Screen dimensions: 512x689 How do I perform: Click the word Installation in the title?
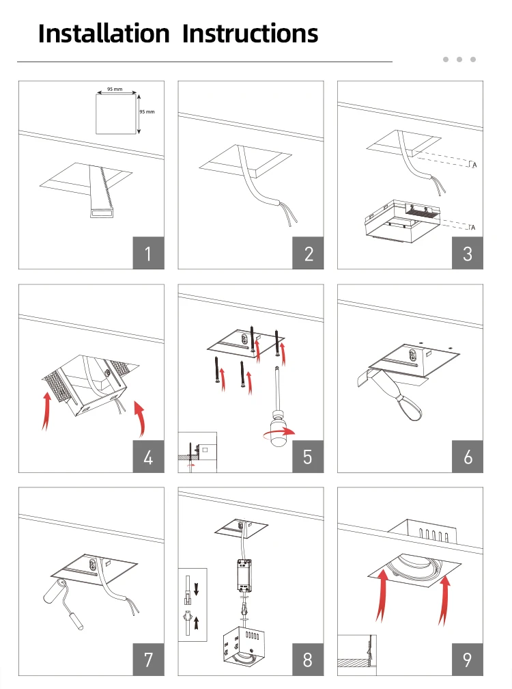click(103, 33)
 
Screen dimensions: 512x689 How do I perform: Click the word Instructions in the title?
click(251, 33)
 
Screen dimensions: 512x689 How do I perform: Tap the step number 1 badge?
click(148, 254)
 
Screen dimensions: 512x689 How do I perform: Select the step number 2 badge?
click(309, 254)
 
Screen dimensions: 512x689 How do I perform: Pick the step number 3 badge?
click(468, 254)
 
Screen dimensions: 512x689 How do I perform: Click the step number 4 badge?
click(148, 457)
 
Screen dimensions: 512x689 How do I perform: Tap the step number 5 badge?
click(309, 457)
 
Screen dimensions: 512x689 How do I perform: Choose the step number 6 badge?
click(468, 457)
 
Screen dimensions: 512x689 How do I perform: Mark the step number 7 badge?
click(148, 660)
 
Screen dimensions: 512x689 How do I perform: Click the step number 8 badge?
click(309, 660)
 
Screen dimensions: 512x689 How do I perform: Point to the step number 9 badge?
click(468, 660)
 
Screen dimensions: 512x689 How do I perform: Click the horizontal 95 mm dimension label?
click(114, 90)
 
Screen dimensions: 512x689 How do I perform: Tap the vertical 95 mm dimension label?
click(148, 111)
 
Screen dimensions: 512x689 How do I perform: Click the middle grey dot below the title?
click(459, 59)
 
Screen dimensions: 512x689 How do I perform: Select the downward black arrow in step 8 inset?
click(197, 588)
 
